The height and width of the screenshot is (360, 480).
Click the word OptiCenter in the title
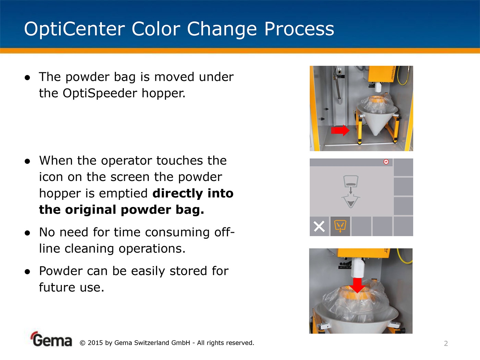click(74, 29)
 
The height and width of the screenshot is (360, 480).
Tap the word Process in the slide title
click(299, 29)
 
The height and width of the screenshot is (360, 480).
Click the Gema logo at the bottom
click(52, 339)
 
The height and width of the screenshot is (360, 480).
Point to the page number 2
click(446, 344)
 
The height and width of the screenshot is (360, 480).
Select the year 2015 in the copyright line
click(95, 343)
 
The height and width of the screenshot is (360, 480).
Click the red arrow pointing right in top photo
click(340, 131)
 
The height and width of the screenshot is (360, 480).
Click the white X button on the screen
click(319, 226)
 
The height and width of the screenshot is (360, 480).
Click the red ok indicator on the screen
click(386, 162)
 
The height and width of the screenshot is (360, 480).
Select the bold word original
click(91, 210)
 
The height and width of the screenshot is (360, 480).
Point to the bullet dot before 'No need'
click(27, 233)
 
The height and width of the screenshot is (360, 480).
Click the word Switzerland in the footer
click(151, 343)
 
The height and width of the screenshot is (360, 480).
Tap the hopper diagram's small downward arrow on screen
click(351, 190)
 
